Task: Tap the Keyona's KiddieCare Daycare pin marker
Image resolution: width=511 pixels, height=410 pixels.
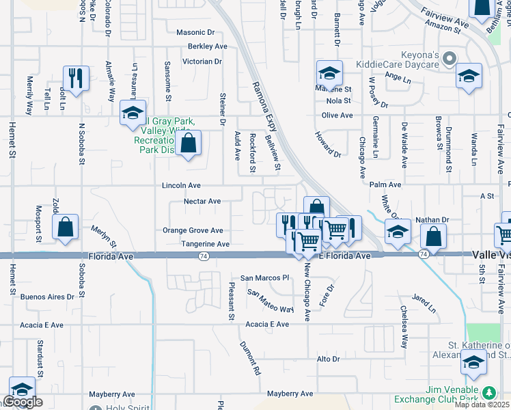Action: pos(449,59)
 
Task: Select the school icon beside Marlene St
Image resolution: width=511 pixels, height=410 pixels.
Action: pos(329,72)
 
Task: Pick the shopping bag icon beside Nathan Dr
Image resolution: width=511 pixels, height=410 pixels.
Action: pos(434,236)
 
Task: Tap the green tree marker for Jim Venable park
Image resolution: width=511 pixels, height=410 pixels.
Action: pos(488,393)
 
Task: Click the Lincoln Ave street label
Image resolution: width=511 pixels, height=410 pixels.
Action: pos(181,185)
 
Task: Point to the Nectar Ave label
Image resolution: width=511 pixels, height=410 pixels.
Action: pos(202,202)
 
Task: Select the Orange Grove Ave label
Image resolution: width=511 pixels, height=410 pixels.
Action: pos(193,231)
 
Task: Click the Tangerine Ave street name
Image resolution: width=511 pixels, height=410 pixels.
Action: pos(205,244)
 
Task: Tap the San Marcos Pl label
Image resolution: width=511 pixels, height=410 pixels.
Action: pos(265,278)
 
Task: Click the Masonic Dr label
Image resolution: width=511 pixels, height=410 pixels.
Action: pos(195,32)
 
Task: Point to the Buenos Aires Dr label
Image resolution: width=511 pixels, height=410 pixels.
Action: pos(46,297)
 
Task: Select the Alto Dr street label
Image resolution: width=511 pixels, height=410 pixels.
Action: pos(328,359)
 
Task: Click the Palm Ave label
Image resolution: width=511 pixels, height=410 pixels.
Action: pos(385,184)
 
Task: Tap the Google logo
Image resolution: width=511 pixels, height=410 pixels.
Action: pos(23,402)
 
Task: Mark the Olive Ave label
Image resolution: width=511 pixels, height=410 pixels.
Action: pos(337,115)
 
